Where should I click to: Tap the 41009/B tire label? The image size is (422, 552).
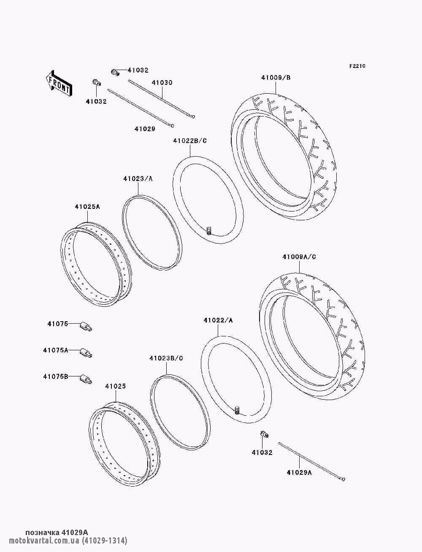coord(276,78)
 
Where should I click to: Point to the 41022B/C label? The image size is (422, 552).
coord(190,141)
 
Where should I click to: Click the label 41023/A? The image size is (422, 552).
coord(138,179)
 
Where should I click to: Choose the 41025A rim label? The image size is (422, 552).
coord(87,206)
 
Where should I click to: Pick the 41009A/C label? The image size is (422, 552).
coord(299,257)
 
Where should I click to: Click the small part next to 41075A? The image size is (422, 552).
coord(86,352)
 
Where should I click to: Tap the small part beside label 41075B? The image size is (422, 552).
coord(86,379)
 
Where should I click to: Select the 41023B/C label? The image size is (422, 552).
coord(166,358)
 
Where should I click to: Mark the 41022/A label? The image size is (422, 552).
coord(218,320)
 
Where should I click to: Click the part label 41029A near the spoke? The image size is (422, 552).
coord(299,472)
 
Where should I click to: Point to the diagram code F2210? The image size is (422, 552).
coord(357,66)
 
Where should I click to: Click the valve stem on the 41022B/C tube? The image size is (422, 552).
coord(209,230)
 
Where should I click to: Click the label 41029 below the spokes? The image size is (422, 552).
coord(145,129)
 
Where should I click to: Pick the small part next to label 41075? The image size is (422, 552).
coord(86,326)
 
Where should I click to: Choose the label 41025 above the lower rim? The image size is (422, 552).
coord(116,386)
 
